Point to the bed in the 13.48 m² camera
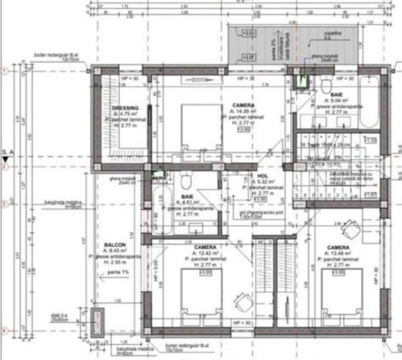click(341, 292)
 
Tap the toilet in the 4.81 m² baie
click(184, 179)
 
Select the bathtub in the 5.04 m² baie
click(370, 102)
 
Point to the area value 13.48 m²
click(339, 253)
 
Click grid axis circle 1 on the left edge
click(4, 71)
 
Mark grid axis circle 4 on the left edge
click(4, 331)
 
